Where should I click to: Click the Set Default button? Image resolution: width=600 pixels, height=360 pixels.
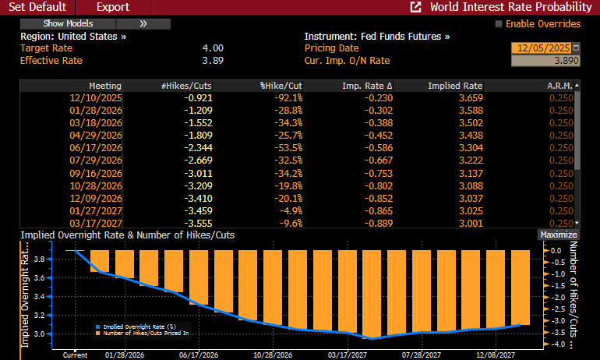(36, 7)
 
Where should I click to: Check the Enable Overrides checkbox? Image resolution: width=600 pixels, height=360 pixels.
(499, 24)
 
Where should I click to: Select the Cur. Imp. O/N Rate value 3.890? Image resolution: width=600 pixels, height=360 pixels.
(545, 61)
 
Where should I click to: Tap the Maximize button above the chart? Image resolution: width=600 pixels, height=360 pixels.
(558, 235)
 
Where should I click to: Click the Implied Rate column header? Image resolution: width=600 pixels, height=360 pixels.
(455, 85)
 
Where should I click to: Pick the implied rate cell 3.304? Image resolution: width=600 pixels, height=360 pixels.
(467, 147)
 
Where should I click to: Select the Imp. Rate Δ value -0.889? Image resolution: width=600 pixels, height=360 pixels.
(376, 222)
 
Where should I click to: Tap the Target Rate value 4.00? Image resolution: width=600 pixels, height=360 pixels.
(212, 48)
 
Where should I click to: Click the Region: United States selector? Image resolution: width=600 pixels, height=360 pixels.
(73, 37)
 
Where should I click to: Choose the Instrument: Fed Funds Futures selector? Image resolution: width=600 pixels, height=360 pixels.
(376, 37)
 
